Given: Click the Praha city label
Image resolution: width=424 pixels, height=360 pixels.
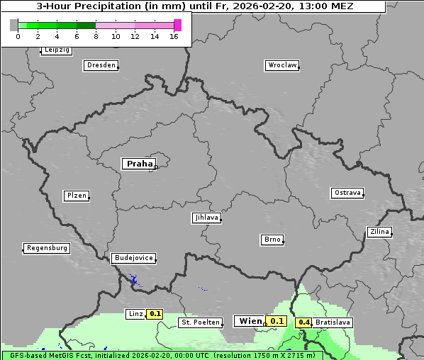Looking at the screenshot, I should click(139, 164).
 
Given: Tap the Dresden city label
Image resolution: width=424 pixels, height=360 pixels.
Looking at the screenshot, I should click(101, 65).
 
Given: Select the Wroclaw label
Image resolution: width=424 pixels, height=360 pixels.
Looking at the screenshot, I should click(282, 65).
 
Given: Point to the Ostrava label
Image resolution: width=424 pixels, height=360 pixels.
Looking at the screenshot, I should click(347, 193).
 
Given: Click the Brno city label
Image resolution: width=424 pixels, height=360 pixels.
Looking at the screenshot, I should click(272, 240).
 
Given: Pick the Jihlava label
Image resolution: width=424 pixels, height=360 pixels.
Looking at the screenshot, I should click(206, 218).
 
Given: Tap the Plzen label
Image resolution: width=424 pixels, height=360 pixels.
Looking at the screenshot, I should click(76, 196).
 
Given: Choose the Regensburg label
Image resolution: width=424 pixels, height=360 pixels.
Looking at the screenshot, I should click(47, 248).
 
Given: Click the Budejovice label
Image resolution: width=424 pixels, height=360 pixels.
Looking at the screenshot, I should click(133, 258).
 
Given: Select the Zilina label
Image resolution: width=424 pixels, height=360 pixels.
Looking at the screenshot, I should click(379, 232).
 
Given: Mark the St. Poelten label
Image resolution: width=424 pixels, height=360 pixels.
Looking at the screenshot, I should click(201, 322).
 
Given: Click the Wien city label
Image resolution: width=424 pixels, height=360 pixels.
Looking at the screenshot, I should click(250, 321).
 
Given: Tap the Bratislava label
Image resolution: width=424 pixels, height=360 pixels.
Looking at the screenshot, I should click(333, 322).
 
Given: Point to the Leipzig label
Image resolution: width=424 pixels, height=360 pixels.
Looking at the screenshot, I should click(57, 50).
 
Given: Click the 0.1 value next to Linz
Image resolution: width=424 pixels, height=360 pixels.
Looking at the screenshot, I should click(155, 313).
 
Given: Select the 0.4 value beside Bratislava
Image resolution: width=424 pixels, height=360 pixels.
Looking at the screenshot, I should click(304, 322).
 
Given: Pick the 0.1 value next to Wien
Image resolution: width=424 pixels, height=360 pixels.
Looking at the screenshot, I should click(277, 321).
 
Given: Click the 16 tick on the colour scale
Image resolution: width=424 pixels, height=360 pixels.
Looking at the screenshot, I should click(174, 36).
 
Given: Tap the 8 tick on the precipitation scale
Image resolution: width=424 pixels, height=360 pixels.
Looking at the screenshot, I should click(96, 36).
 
